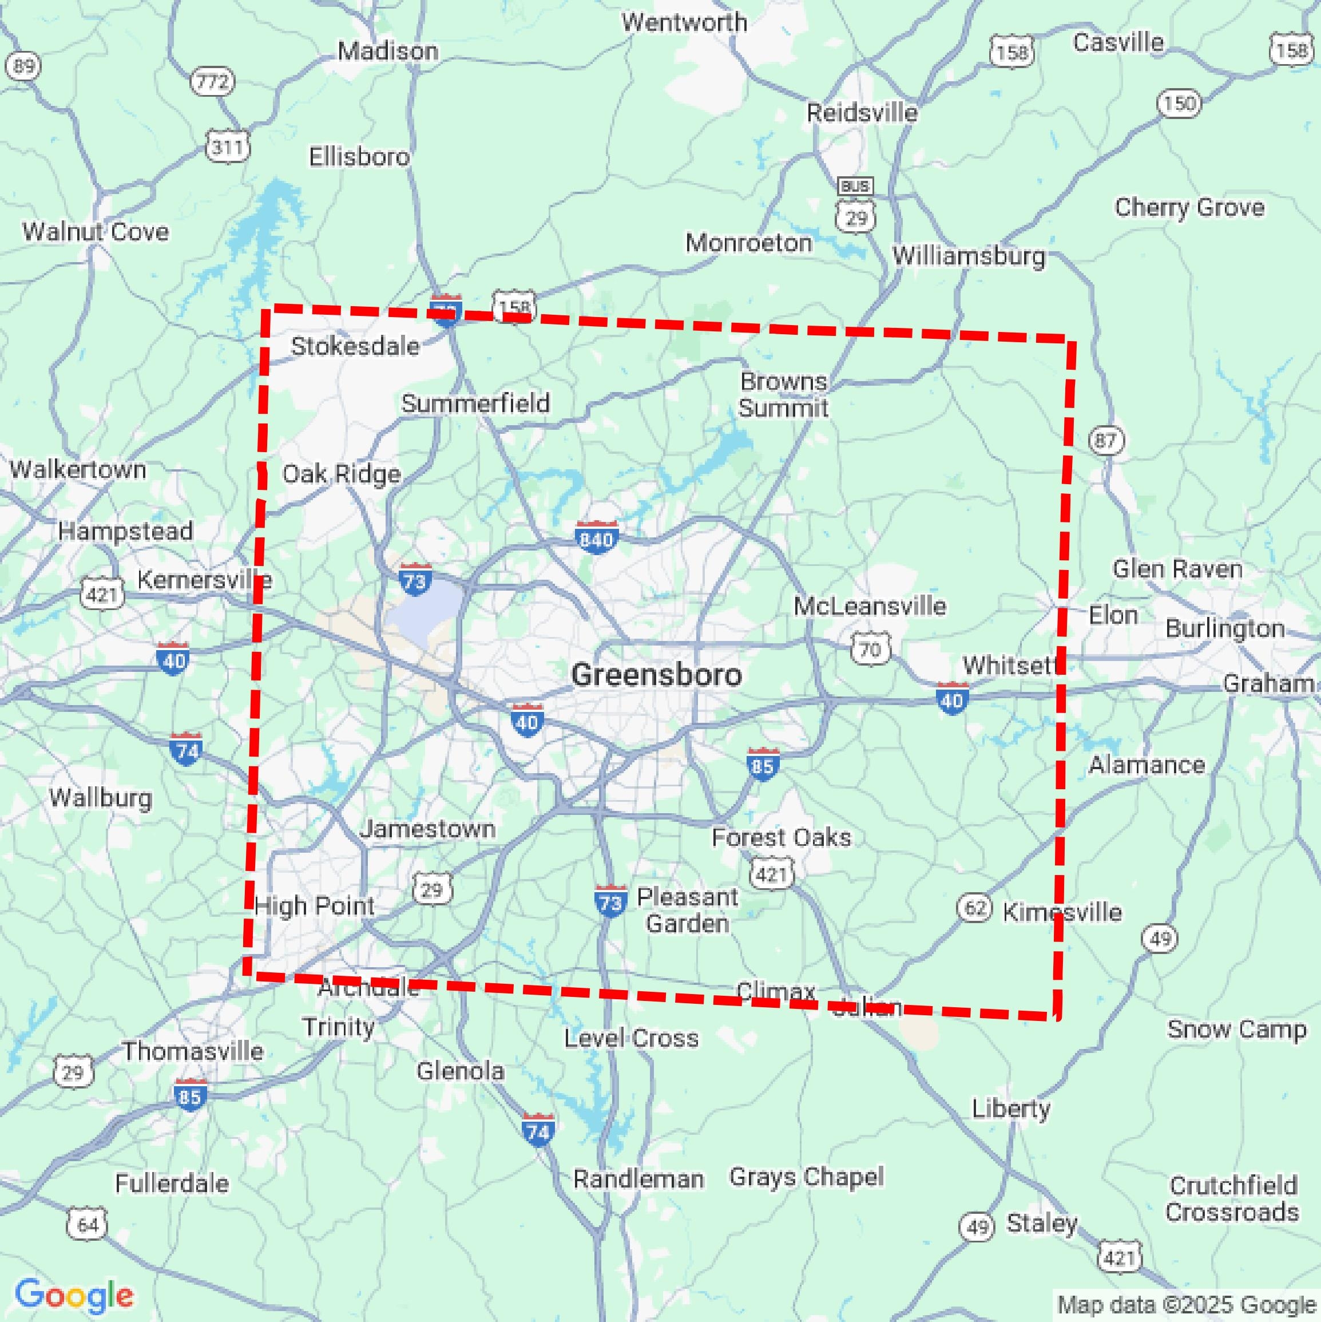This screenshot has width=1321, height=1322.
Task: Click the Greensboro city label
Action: (x=656, y=675)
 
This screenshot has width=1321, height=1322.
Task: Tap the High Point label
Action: (x=314, y=906)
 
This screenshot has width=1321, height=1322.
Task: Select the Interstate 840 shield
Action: (x=596, y=539)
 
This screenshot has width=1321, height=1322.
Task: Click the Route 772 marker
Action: (x=212, y=82)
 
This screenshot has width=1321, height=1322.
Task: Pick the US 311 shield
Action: (x=227, y=147)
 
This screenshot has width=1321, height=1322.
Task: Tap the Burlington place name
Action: (x=1224, y=628)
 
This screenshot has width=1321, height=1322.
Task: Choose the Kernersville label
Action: (x=204, y=580)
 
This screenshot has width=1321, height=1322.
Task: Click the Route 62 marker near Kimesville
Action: (x=974, y=908)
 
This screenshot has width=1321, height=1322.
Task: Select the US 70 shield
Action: (x=870, y=648)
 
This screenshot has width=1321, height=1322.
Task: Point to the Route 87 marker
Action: (x=1105, y=440)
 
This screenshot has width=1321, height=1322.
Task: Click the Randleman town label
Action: (x=637, y=1179)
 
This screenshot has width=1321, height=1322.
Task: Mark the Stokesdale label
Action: (x=355, y=346)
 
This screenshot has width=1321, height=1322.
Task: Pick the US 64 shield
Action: (x=88, y=1224)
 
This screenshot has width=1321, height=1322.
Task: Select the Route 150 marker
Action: (x=1179, y=104)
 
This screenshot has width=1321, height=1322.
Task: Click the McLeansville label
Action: (x=870, y=605)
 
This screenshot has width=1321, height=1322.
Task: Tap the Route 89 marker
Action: (x=23, y=66)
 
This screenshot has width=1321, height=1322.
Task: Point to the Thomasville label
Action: (x=192, y=1051)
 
